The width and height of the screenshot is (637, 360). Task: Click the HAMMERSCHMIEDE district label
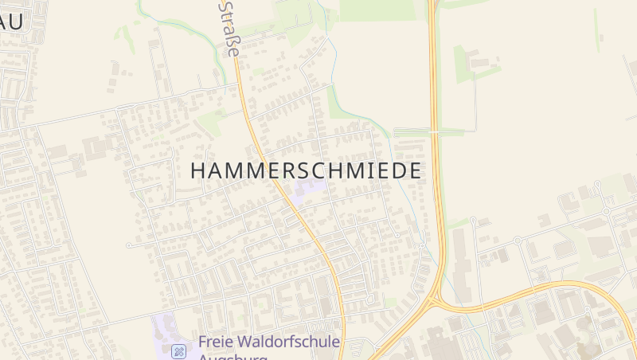coord(307,170)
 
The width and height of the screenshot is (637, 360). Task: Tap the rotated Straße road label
coord(229,28)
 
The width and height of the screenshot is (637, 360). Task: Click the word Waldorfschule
coord(292,342)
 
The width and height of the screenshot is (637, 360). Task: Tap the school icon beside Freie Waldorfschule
coord(180,350)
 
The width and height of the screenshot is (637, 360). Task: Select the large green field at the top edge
coord(377,10)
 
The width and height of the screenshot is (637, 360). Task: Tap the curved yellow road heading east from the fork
coord(526,288)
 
